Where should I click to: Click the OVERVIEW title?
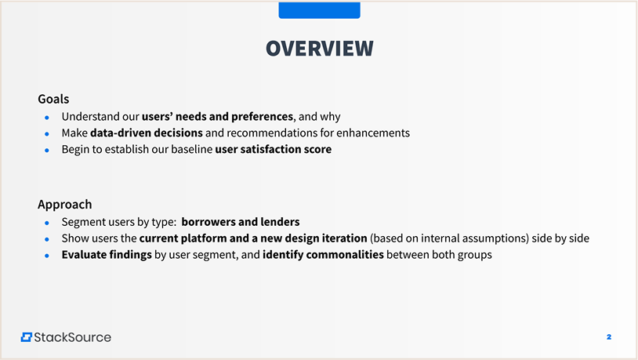[x=320, y=48]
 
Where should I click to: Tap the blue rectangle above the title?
[x=320, y=9]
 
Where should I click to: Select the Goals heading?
[x=53, y=99]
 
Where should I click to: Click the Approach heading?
[x=65, y=205]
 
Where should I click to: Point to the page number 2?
[x=609, y=336]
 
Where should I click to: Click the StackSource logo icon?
[x=27, y=337]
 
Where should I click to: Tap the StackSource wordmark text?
[x=72, y=337]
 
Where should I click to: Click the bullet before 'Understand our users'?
[x=47, y=118]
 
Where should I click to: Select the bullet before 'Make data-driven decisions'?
[x=47, y=134]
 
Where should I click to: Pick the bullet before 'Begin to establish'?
[x=47, y=151]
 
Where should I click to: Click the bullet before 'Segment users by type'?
[x=47, y=224]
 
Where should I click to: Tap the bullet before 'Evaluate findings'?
[x=47, y=256]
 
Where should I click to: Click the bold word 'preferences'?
[x=262, y=117]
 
